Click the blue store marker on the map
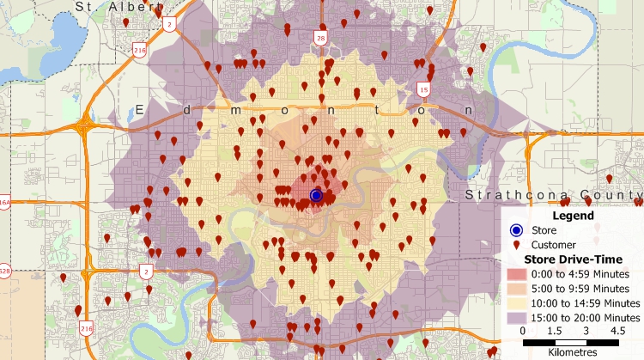(316, 195)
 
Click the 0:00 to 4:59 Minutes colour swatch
(516, 274)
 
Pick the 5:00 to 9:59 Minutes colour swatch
(516, 289)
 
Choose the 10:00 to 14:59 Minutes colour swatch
(516, 303)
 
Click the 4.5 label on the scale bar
(617, 331)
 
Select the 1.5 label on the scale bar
(554, 331)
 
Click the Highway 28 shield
(320, 40)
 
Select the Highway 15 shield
(423, 88)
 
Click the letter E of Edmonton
(140, 110)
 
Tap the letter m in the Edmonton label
(235, 110)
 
